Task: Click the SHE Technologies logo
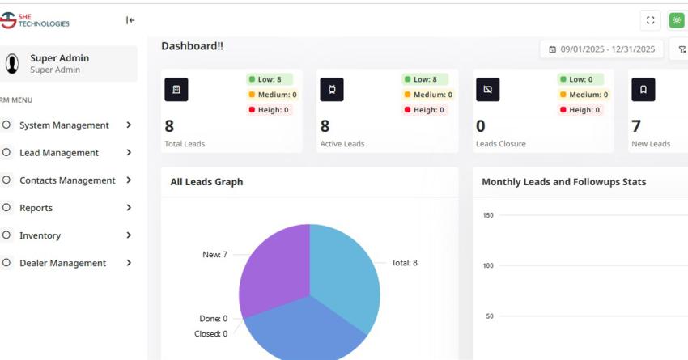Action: (36, 19)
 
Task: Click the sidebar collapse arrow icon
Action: (130, 20)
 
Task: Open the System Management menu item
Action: (64, 125)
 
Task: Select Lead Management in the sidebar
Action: (59, 153)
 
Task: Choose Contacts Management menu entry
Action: (67, 180)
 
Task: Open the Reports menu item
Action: (36, 208)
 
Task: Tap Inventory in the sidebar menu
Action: (40, 235)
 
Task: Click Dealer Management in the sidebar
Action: (62, 263)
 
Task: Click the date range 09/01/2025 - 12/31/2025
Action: (601, 49)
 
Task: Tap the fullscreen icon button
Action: (650, 20)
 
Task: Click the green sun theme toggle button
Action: (677, 20)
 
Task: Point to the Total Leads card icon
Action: (176, 90)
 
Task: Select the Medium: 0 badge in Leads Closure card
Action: (582, 95)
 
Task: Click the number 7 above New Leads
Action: (636, 125)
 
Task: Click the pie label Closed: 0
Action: (210, 334)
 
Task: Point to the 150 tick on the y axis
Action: (487, 215)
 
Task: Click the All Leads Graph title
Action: (206, 182)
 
